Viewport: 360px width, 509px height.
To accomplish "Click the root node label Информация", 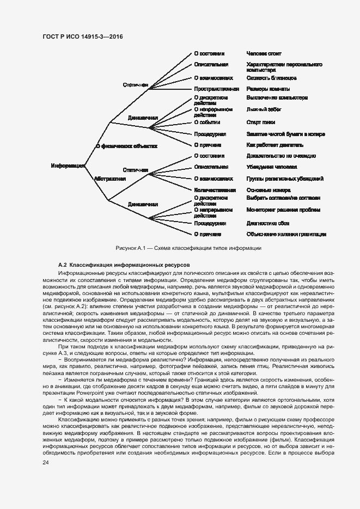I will click(x=68, y=166).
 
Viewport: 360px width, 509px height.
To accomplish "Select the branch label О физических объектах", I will click(x=126, y=146).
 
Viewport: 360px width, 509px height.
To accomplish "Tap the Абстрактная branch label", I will click(x=109, y=178).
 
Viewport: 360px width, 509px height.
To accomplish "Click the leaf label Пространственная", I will click(x=216, y=89).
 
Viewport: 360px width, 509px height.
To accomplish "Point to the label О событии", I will click(x=207, y=122).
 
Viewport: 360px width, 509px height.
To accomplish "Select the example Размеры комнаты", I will click(x=268, y=89).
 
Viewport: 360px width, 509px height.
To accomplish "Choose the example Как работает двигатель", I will click(x=274, y=145).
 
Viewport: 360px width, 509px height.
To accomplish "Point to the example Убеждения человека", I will click(x=272, y=167).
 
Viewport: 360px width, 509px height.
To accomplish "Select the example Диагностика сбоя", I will click(x=267, y=223).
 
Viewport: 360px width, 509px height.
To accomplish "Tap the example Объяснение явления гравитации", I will click(x=286, y=234).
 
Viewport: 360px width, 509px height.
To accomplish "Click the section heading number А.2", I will click(x=62, y=263).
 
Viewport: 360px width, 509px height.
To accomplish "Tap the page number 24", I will click(x=46, y=462).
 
